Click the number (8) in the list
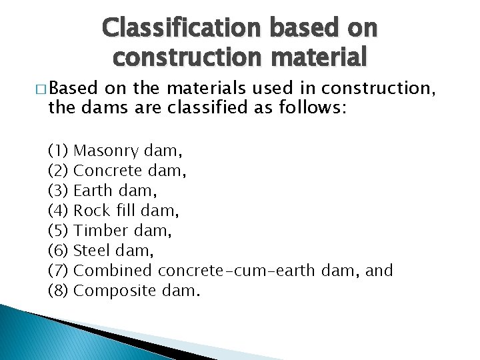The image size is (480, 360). click(x=58, y=290)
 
